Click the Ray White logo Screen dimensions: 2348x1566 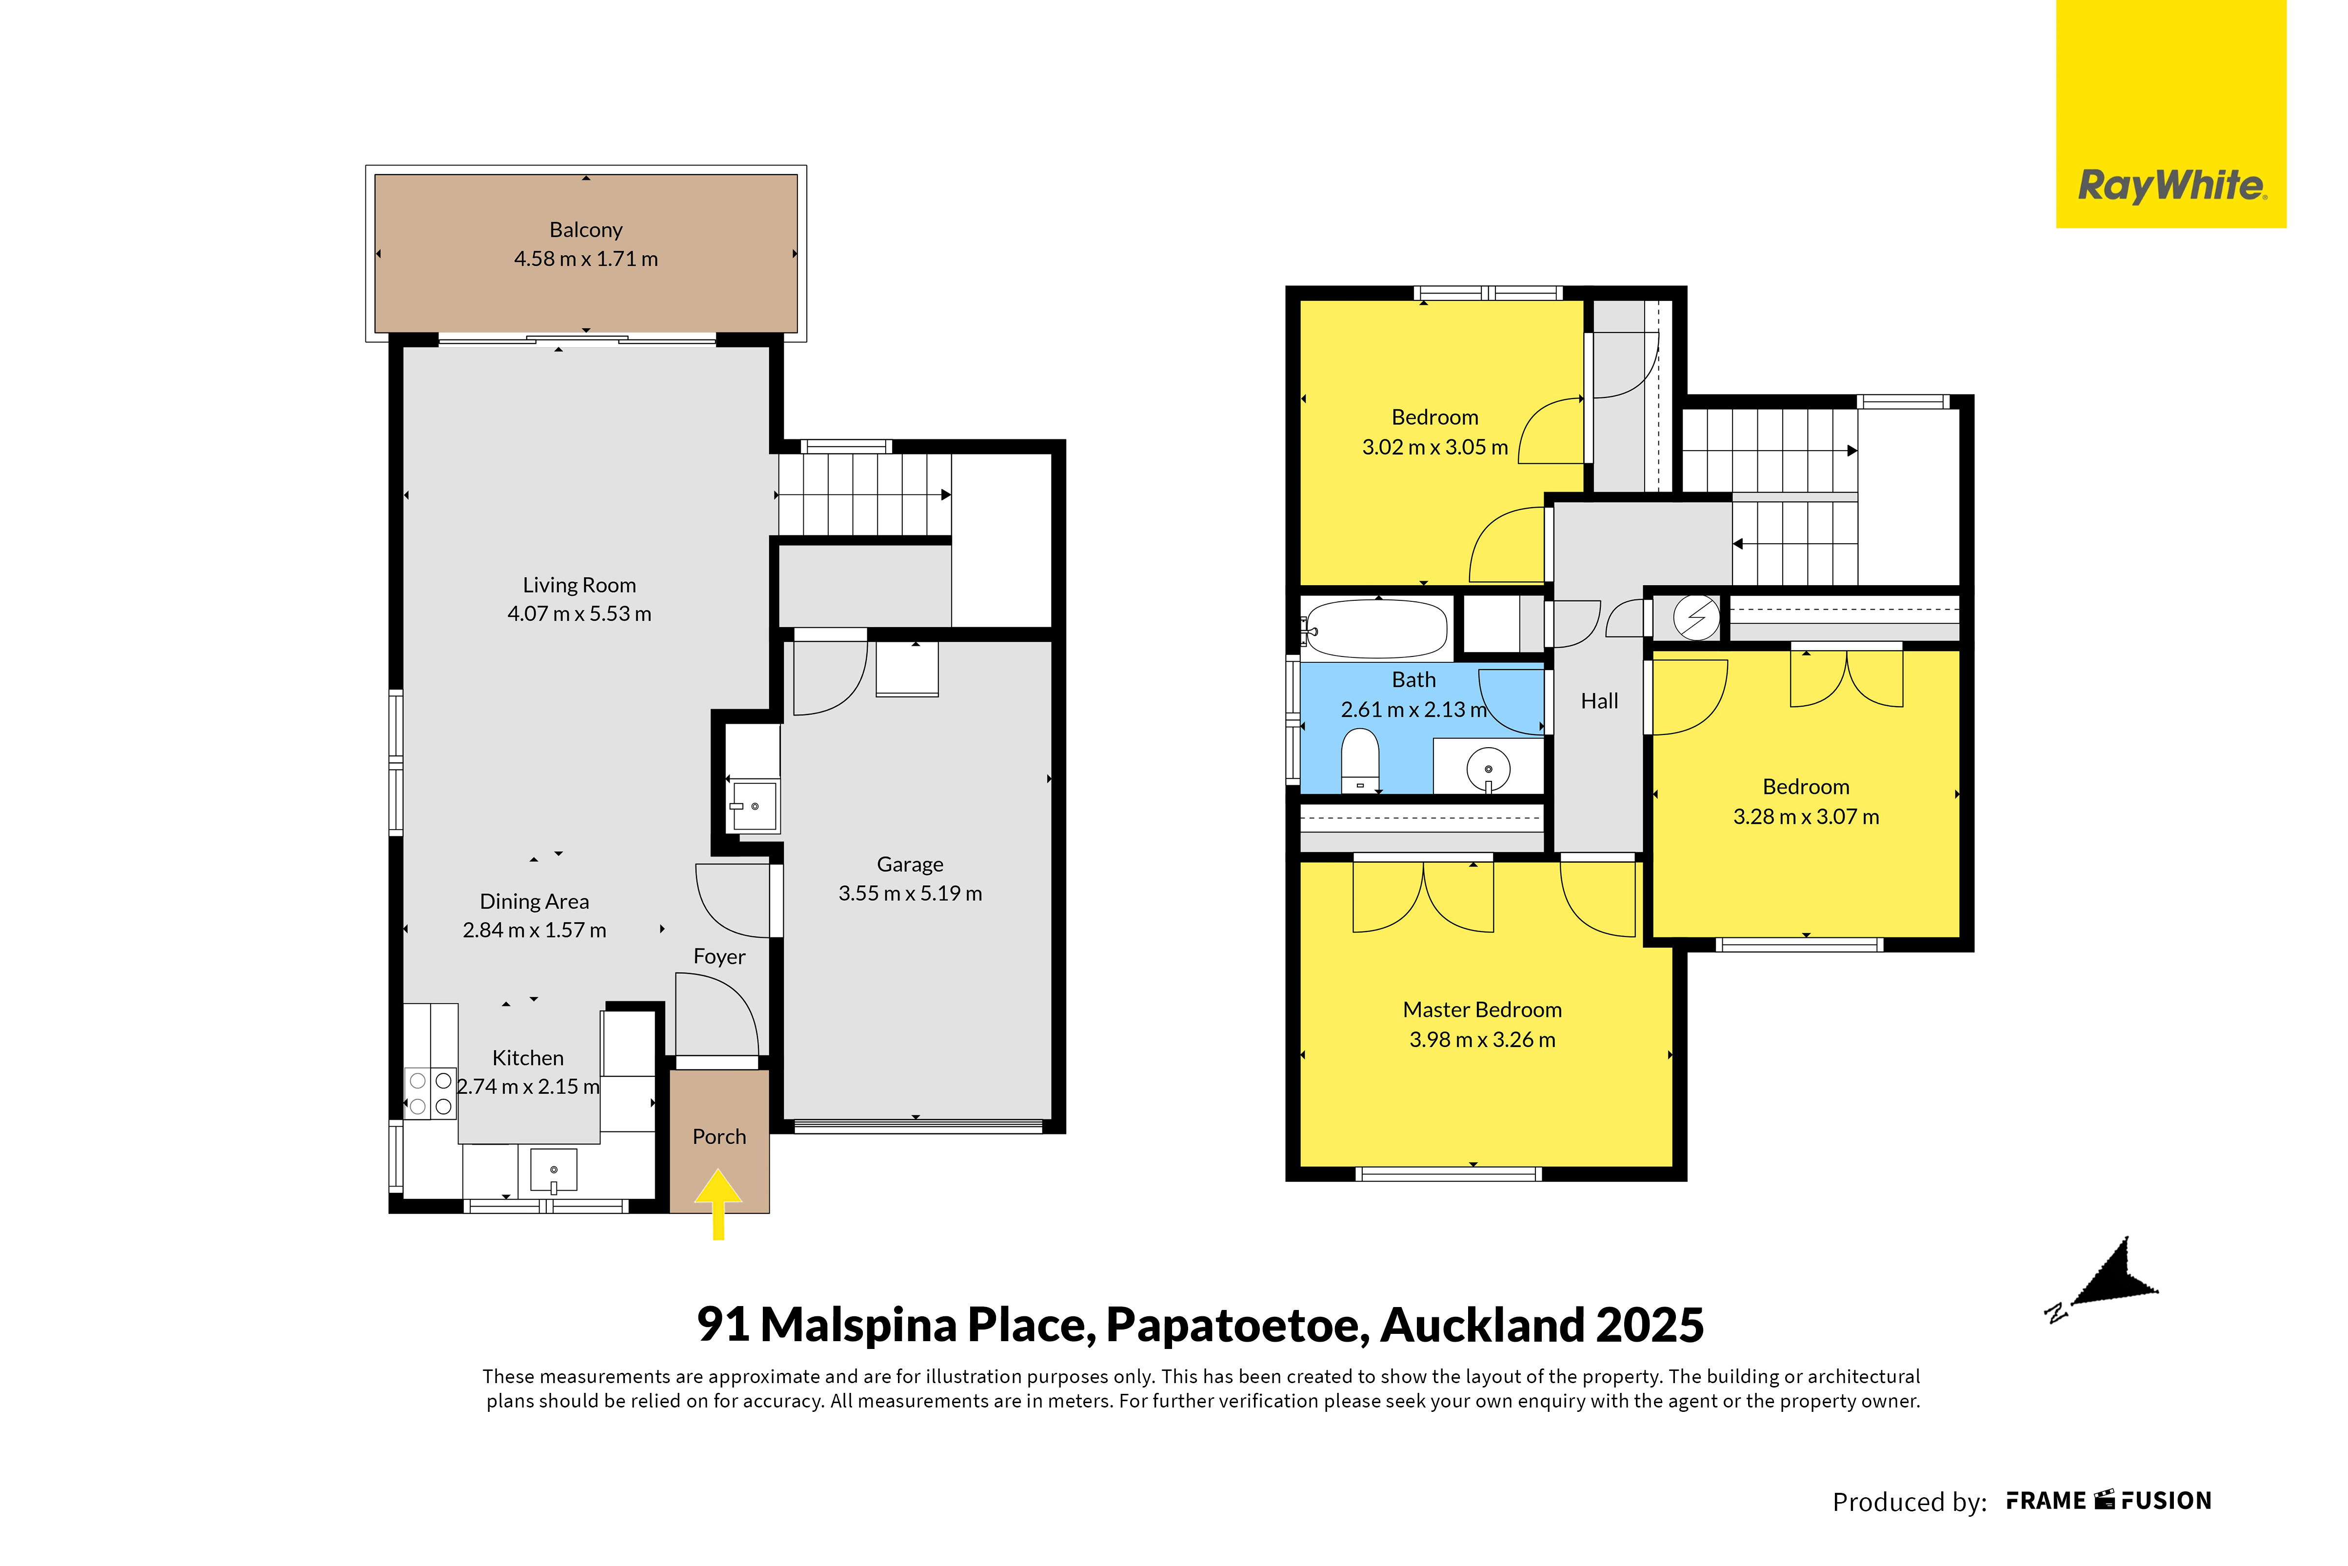point(2171,114)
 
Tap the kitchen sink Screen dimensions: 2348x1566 point(553,1170)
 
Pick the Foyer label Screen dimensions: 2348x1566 point(719,957)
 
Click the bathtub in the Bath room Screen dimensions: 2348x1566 point(1376,628)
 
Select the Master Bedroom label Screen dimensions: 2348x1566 point(1482,1010)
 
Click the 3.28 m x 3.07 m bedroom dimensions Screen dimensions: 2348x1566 point(1806,817)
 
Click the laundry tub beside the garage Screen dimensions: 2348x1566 point(754,805)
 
